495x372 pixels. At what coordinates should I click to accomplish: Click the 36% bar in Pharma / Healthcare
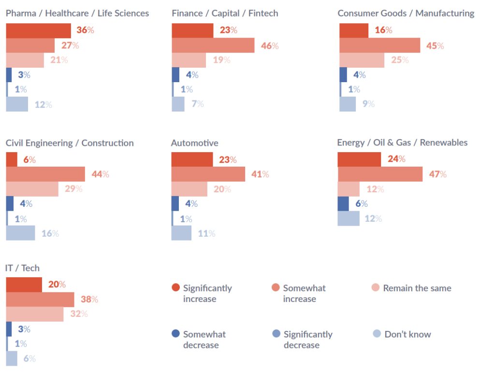tap(38, 30)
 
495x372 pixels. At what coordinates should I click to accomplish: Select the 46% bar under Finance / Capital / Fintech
tap(213, 45)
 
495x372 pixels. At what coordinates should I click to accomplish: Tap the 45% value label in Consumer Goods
tap(435, 46)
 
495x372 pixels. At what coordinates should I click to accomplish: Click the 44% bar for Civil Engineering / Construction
tap(45, 174)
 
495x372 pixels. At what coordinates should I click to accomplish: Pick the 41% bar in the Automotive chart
tap(208, 174)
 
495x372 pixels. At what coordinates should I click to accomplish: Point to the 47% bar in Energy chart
tap(380, 174)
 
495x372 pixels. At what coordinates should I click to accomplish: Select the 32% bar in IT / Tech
tap(34, 314)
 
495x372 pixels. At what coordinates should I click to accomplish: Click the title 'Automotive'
tap(194, 143)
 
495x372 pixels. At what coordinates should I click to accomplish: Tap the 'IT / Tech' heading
tap(22, 268)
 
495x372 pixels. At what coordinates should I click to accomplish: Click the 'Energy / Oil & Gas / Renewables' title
tap(402, 143)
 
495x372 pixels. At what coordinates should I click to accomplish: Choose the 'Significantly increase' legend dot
tap(176, 288)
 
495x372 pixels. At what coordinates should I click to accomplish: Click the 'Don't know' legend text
tap(408, 334)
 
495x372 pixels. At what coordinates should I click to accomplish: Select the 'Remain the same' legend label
tap(417, 288)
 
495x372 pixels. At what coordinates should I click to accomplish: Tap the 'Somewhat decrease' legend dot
tap(176, 334)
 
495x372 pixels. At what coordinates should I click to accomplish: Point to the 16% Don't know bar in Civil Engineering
tap(20, 233)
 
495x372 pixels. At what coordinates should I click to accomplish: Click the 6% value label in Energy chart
tap(362, 204)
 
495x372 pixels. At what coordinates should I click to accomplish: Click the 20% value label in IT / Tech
tap(57, 285)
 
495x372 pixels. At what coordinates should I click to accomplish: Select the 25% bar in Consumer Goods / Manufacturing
tap(362, 60)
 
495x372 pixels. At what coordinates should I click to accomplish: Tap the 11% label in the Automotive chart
tap(206, 234)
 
